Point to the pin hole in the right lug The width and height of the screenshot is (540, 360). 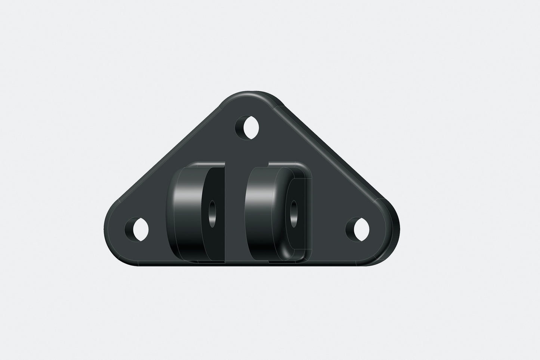294,213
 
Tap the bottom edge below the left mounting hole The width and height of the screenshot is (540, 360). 140,264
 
